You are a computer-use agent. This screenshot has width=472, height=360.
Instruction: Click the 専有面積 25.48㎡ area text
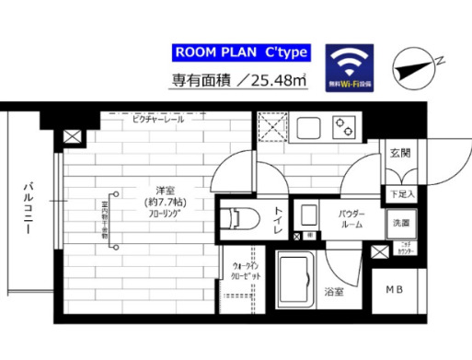pyautogui.click(x=237, y=81)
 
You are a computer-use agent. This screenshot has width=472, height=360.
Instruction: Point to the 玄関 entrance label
pyautogui.click(x=400, y=153)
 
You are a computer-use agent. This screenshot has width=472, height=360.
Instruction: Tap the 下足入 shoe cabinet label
pyautogui.click(x=401, y=194)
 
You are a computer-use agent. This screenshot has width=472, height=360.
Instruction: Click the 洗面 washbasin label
pyautogui.click(x=401, y=223)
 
